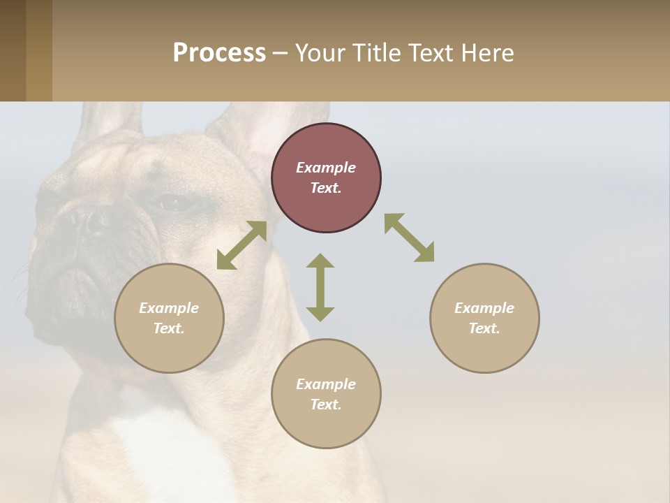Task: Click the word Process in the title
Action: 219,53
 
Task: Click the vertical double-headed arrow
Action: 320,287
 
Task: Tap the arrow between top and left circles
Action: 241,245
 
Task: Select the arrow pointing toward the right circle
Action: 410,238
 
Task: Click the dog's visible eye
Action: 172,204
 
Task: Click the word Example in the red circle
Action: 326,168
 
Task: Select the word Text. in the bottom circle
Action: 326,404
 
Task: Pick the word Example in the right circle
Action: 484,308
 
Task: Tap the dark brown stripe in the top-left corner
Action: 13,50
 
